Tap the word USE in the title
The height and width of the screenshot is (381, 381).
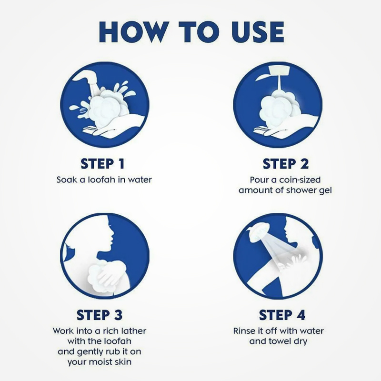pos(258,32)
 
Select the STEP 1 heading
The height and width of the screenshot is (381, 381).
pos(102,163)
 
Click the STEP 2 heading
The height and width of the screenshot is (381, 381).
pos(285,163)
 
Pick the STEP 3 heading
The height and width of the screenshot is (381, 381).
pos(100,315)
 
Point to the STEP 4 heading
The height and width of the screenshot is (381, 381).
pos(282,315)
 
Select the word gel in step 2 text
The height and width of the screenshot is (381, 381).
pos(325,190)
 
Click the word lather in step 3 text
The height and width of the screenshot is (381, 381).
pos(134,331)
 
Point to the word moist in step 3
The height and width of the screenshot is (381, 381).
pos(101,362)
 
